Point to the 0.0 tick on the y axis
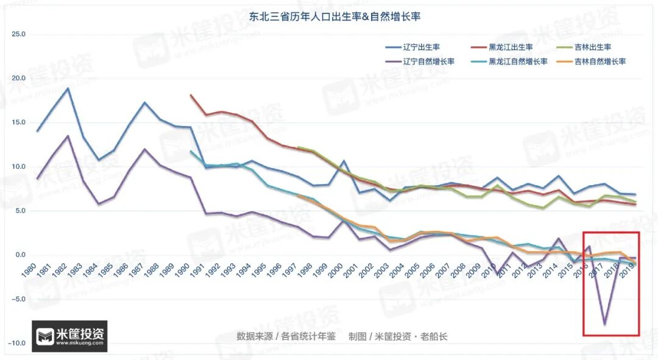click(19, 255)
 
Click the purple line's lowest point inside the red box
click(604, 324)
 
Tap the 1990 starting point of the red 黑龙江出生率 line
click(191, 95)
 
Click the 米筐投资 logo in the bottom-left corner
click(69, 336)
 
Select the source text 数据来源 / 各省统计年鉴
click(286, 336)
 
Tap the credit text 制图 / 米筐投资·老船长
click(398, 336)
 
